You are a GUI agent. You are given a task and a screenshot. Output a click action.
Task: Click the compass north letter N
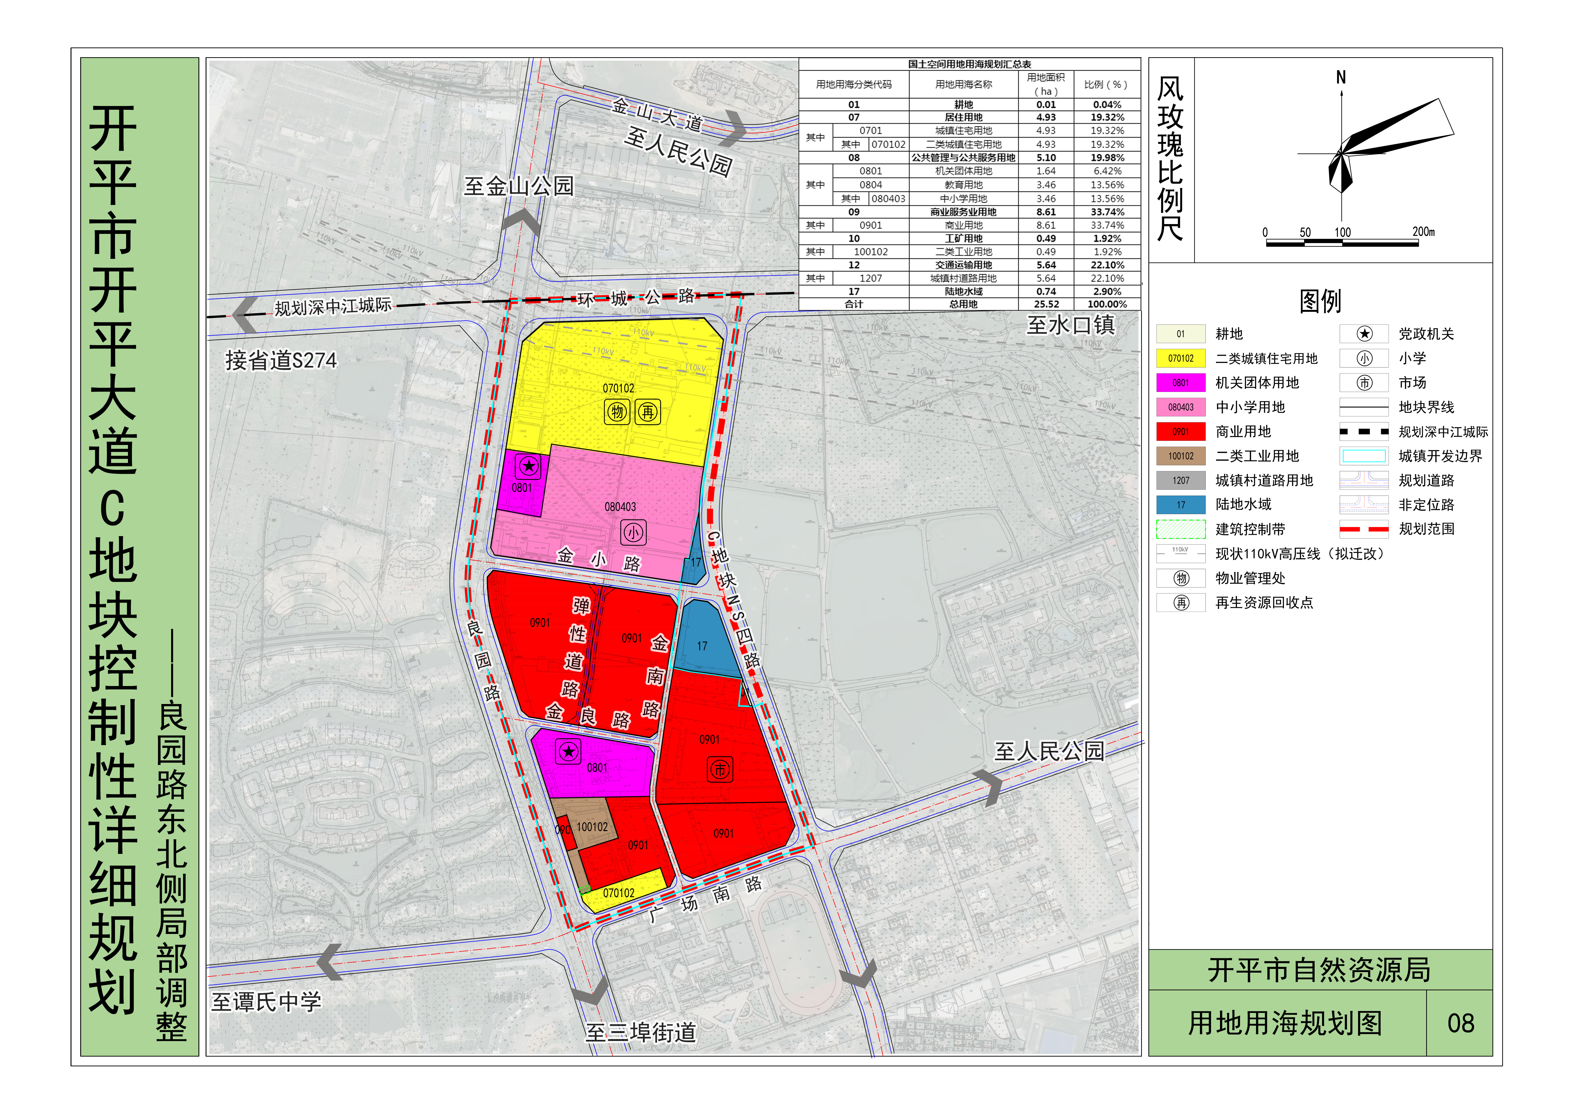pyautogui.click(x=1341, y=77)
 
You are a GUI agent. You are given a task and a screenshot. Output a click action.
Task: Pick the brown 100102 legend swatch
pyautogui.click(x=1181, y=456)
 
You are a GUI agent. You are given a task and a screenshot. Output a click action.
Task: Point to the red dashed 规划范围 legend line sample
pyautogui.click(x=1364, y=529)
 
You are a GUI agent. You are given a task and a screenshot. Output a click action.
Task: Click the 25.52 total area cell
pyautogui.click(x=1046, y=304)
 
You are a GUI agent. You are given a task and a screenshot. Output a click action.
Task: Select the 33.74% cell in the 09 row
pyautogui.click(x=1107, y=212)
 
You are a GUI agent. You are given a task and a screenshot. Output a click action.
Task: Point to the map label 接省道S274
pyautogui.click(x=281, y=360)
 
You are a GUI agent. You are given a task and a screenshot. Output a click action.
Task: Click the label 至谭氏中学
pyautogui.click(x=266, y=1002)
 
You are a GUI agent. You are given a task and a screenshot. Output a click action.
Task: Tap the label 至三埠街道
pyautogui.click(x=640, y=1032)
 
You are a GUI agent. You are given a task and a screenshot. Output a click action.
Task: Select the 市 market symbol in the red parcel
pyautogui.click(x=719, y=770)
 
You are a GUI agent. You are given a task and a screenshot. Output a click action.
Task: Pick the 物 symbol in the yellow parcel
pyautogui.click(x=617, y=412)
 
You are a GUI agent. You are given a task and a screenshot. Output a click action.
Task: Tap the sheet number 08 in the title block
pyautogui.click(x=1460, y=1023)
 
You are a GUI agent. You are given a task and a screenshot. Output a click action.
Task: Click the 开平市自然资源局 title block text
pyautogui.click(x=1319, y=970)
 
